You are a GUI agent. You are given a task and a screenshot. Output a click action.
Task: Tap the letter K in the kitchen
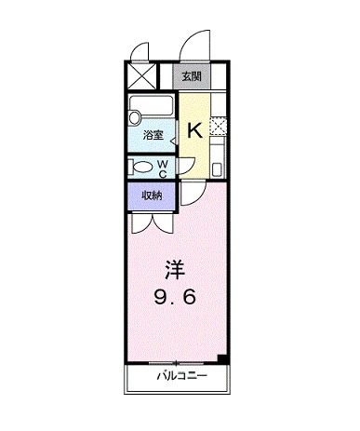coord(194,130)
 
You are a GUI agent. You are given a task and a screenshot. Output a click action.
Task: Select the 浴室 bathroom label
coord(153,135)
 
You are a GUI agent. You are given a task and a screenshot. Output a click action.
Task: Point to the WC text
coord(162,167)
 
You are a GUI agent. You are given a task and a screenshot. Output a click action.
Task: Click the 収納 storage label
coord(153,195)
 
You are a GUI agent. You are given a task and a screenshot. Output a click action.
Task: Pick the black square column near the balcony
coord(222,359)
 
